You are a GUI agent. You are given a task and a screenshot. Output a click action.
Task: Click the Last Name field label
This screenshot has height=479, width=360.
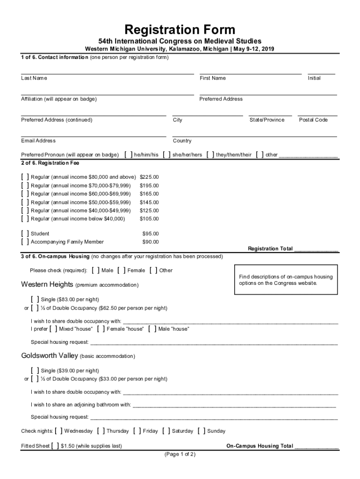34,78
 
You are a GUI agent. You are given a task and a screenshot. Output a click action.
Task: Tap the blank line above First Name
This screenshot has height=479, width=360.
250,73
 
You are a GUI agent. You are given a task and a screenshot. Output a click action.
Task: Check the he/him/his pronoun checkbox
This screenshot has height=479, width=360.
129,155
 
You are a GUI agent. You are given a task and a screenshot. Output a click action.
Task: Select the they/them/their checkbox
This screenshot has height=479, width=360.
210,155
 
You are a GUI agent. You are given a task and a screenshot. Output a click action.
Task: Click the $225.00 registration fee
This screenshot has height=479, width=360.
149,177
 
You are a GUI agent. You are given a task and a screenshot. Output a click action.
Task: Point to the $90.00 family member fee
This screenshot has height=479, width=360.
150,242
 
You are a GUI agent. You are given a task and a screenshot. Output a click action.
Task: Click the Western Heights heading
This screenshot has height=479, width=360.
47,284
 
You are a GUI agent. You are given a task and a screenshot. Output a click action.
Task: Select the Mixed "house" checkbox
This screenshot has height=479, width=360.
53,329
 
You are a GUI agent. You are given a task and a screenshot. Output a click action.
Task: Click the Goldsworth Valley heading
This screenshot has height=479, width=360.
50,356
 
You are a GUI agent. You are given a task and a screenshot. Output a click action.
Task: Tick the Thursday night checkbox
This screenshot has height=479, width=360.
101,431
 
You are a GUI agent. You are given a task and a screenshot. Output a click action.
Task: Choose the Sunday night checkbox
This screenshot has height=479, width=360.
202,431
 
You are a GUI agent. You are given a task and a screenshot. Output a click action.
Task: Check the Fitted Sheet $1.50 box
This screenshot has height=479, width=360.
55,446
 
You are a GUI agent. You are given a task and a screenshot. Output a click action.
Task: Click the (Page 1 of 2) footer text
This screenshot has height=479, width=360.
180,454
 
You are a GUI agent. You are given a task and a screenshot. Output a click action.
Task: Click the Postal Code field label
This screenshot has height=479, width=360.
313,120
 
